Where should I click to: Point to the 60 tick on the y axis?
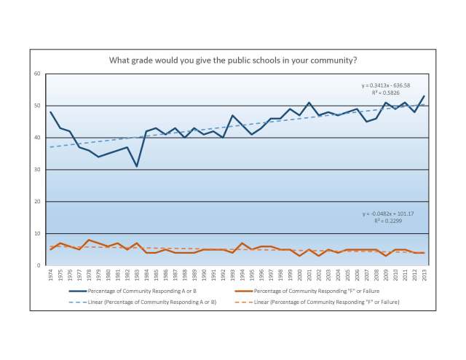click(x=36, y=74)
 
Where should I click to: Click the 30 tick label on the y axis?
click(x=36, y=170)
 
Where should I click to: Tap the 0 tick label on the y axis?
click(x=38, y=265)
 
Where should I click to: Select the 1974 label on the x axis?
click(x=50, y=275)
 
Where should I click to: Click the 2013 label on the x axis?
click(x=424, y=275)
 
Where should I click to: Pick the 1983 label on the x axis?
click(x=136, y=275)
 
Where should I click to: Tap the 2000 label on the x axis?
click(x=299, y=275)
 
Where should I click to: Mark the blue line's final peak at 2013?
click(x=424, y=96)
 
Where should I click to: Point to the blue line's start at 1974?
click(x=50, y=112)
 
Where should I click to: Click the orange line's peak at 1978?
click(x=88, y=240)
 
